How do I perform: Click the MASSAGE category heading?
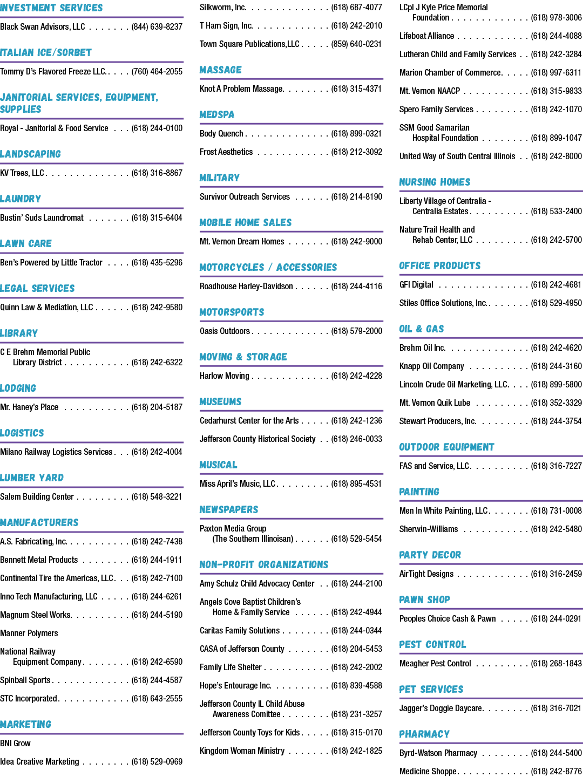[x=221, y=70]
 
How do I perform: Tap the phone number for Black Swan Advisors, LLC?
[x=157, y=26]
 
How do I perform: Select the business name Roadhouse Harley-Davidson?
[x=246, y=286]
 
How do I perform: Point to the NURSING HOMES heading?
[x=435, y=182]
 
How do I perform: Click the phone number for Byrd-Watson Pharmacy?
[x=556, y=753]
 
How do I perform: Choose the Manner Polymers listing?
[x=29, y=633]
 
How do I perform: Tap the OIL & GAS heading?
[x=421, y=329]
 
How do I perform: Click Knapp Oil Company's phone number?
[x=556, y=366]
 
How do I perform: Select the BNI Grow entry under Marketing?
[x=15, y=743]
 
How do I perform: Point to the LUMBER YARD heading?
[x=32, y=478]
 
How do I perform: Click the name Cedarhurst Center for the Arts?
[x=249, y=420]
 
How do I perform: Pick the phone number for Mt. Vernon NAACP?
[x=556, y=91]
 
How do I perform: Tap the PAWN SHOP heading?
[x=424, y=599]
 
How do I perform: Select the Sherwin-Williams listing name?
[x=428, y=529]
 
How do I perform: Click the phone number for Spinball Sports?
[x=157, y=680]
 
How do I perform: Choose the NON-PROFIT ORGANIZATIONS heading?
[x=264, y=564]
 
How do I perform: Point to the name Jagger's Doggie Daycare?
[x=440, y=708]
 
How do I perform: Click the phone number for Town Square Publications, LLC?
[x=356, y=44]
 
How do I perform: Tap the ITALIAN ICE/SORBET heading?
[x=46, y=53]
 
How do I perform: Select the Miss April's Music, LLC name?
[x=238, y=483]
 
